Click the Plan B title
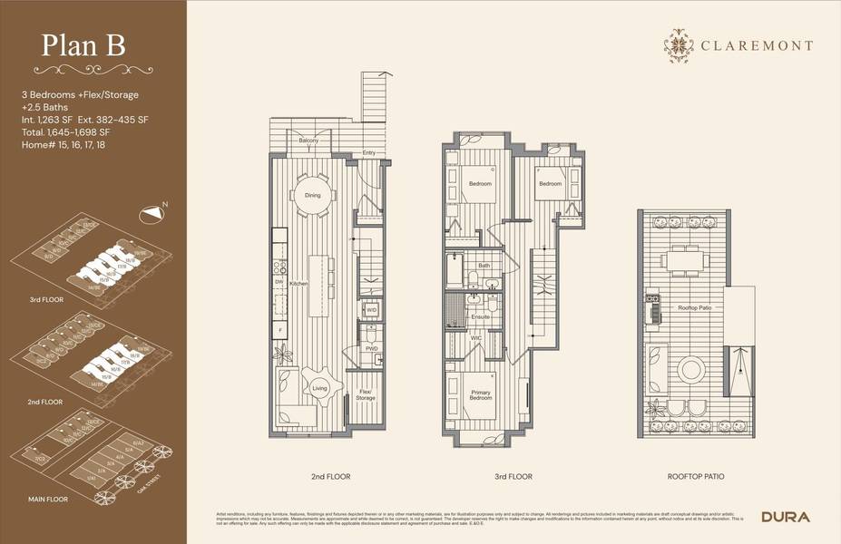84,45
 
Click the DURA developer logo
785,517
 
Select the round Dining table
312,194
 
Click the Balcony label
308,141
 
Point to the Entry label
369,152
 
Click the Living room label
318,388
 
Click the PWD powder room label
371,348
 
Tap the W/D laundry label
371,309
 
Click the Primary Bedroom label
480,396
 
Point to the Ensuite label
480,316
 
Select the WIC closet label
475,338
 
